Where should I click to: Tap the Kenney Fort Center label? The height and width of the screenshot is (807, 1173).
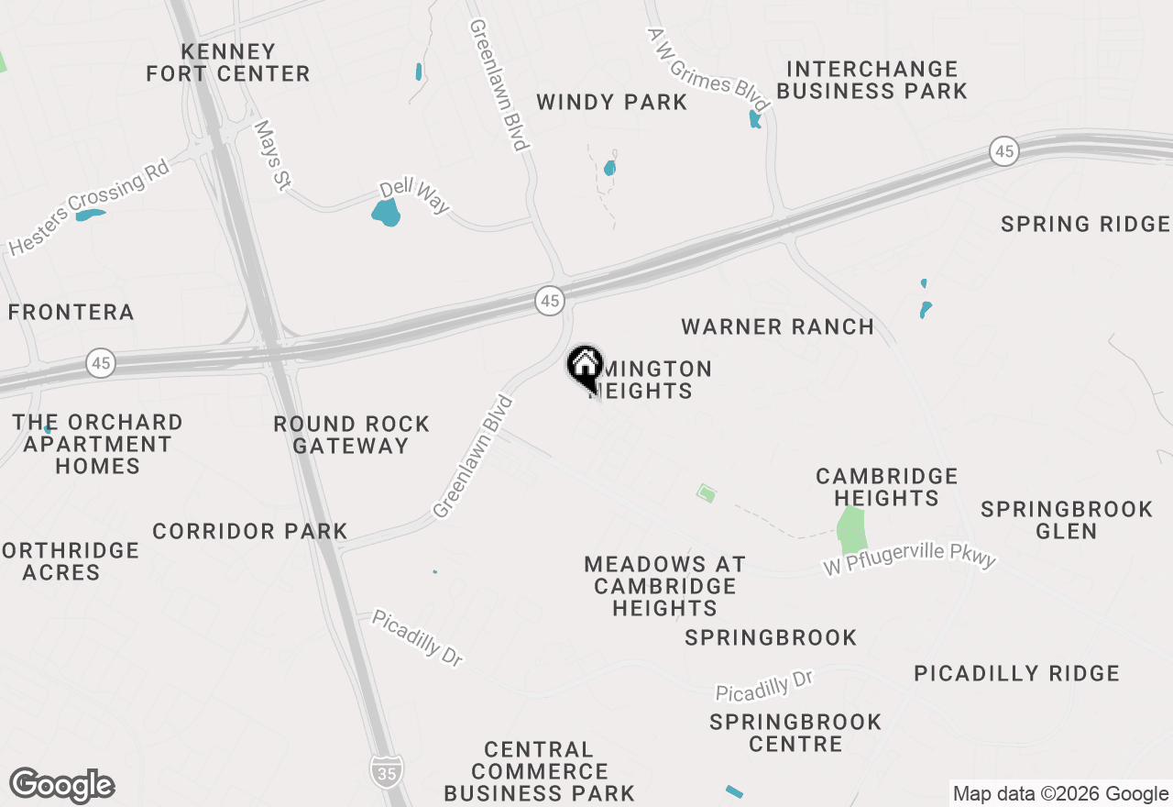(x=228, y=62)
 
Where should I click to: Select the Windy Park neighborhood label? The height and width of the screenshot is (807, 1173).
(x=611, y=102)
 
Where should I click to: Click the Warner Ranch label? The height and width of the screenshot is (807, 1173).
(x=777, y=327)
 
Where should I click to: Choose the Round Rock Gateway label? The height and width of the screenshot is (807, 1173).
(x=351, y=435)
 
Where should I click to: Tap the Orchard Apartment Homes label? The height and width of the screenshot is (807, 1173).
(x=97, y=444)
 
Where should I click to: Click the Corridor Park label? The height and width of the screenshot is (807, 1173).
(x=250, y=531)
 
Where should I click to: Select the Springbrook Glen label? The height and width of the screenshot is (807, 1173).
(x=1067, y=520)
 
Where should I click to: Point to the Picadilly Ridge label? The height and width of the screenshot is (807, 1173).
(x=1016, y=674)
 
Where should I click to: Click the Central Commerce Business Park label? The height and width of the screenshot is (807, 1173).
(x=539, y=771)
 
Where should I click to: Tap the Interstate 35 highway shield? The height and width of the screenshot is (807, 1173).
(x=384, y=771)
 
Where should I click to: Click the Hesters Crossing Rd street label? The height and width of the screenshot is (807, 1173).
(x=89, y=208)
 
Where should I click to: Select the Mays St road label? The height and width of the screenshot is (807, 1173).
(x=271, y=156)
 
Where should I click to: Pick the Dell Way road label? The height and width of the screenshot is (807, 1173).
(x=415, y=195)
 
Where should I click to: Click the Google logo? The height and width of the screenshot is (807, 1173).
(x=62, y=786)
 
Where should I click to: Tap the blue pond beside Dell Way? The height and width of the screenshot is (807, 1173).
(x=387, y=214)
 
